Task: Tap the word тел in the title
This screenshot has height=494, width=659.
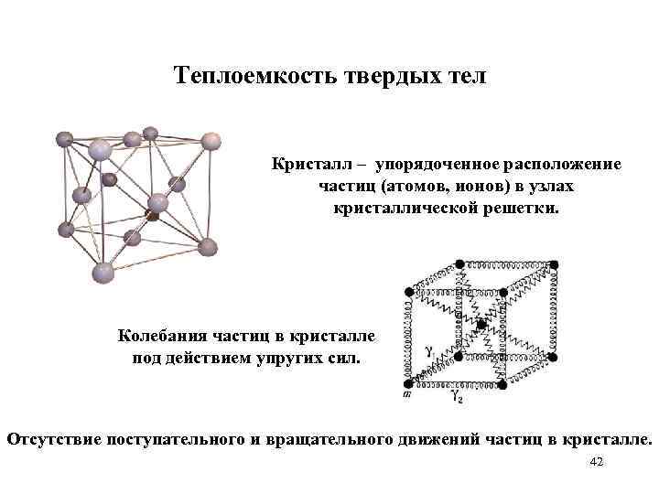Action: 468,76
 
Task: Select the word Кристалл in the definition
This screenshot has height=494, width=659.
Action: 307,165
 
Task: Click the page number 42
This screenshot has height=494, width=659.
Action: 597,463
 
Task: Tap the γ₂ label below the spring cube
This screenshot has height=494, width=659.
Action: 455,397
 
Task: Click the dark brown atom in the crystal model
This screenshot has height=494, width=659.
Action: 153,218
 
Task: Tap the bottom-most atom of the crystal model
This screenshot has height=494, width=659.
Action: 103,272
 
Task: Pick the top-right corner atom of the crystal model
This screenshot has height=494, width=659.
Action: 211,141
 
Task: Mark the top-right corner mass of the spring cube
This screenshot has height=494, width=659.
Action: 554,264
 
